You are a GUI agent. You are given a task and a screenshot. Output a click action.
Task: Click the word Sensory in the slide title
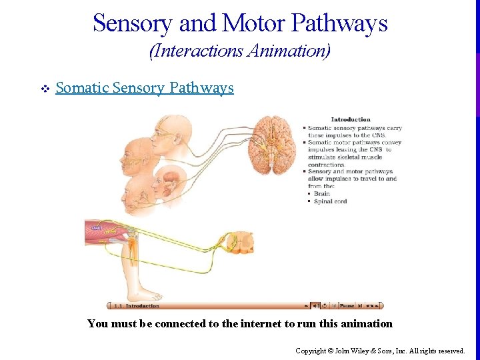pyautogui.click(x=133, y=24)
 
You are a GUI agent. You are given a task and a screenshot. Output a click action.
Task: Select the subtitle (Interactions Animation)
pyautogui.click(x=240, y=51)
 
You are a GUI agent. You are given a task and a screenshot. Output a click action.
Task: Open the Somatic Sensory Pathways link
pyautogui.click(x=145, y=88)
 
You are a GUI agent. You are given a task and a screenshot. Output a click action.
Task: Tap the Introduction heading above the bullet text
pyautogui.click(x=351, y=120)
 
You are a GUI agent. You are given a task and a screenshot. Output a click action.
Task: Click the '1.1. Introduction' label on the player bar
pyautogui.click(x=137, y=306)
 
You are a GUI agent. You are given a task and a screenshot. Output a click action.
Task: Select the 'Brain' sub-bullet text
pyautogui.click(x=322, y=194)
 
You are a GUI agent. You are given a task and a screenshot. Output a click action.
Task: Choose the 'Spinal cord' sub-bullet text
pyautogui.click(x=331, y=201)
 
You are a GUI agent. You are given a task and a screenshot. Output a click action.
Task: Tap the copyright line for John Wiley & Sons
pyautogui.click(x=380, y=350)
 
